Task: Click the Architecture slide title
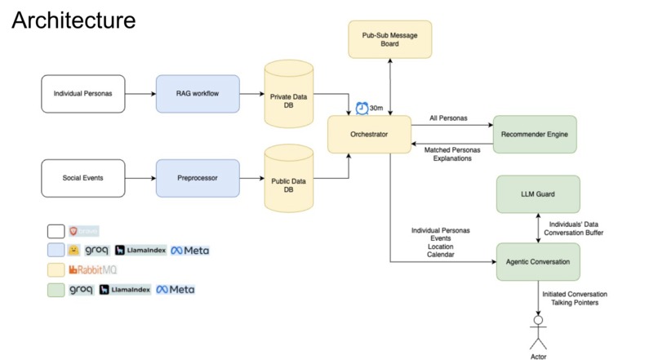click(73, 19)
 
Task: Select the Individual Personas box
click(82, 94)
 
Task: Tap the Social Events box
click(82, 178)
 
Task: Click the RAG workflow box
click(198, 94)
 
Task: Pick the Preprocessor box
click(198, 178)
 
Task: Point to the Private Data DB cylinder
click(289, 96)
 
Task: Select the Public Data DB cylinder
click(289, 180)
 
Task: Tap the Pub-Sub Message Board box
click(389, 39)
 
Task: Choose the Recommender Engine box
click(535, 134)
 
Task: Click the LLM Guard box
click(538, 194)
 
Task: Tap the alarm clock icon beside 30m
click(362, 108)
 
